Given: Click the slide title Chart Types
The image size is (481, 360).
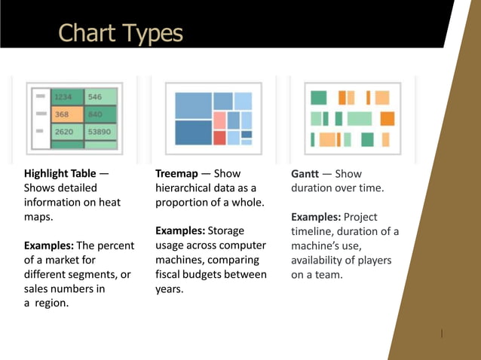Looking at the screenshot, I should [121, 33].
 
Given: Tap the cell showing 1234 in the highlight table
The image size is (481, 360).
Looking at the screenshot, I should [66, 97].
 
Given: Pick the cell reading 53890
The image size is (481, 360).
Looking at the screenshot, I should [100, 132].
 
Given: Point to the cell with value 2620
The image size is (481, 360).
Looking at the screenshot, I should [65, 132].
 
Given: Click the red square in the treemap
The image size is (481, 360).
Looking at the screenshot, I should [219, 137].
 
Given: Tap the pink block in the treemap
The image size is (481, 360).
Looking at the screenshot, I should [219, 120].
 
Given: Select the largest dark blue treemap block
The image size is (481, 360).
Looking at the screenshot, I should [193, 132].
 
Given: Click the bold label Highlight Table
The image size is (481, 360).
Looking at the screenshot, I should [60, 174].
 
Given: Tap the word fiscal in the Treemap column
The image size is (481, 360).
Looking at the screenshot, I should [169, 274].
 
